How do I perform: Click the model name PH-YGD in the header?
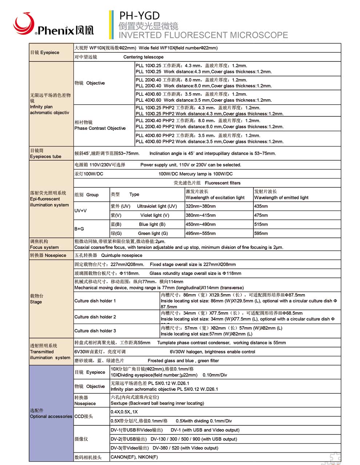(140, 16)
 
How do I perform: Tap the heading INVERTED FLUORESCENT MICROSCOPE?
(203, 35)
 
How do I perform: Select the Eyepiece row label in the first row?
(45, 53)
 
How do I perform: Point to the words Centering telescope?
(143, 57)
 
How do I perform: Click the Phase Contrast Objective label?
(100, 128)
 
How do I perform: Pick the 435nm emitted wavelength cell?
(261, 206)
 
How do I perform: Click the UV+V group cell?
(81, 211)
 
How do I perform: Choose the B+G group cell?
(79, 229)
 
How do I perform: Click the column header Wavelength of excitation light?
(215, 198)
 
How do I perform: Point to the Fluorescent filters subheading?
(223, 183)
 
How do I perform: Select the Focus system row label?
(44, 248)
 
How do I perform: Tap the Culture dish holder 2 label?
(95, 317)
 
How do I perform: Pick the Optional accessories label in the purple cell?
(51, 417)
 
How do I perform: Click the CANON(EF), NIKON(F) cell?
(134, 457)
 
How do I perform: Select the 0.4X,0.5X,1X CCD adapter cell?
(124, 412)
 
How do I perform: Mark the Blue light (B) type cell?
(152, 224)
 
